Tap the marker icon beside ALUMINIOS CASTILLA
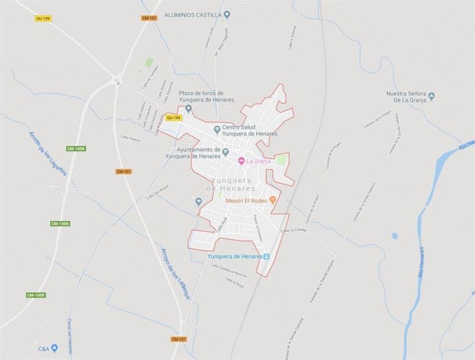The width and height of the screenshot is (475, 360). [x=228, y=14]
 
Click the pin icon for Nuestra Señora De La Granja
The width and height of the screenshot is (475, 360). [x=432, y=96]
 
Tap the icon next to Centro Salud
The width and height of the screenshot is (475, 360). [x=218, y=129]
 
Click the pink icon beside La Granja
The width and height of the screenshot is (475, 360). [x=241, y=162]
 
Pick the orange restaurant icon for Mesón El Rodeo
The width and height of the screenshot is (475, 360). [x=273, y=200]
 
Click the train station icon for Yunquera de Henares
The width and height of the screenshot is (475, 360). [x=267, y=257]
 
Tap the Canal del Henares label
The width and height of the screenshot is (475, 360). [x=70, y=333]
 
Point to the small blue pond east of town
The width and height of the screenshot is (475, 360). [x=394, y=236]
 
